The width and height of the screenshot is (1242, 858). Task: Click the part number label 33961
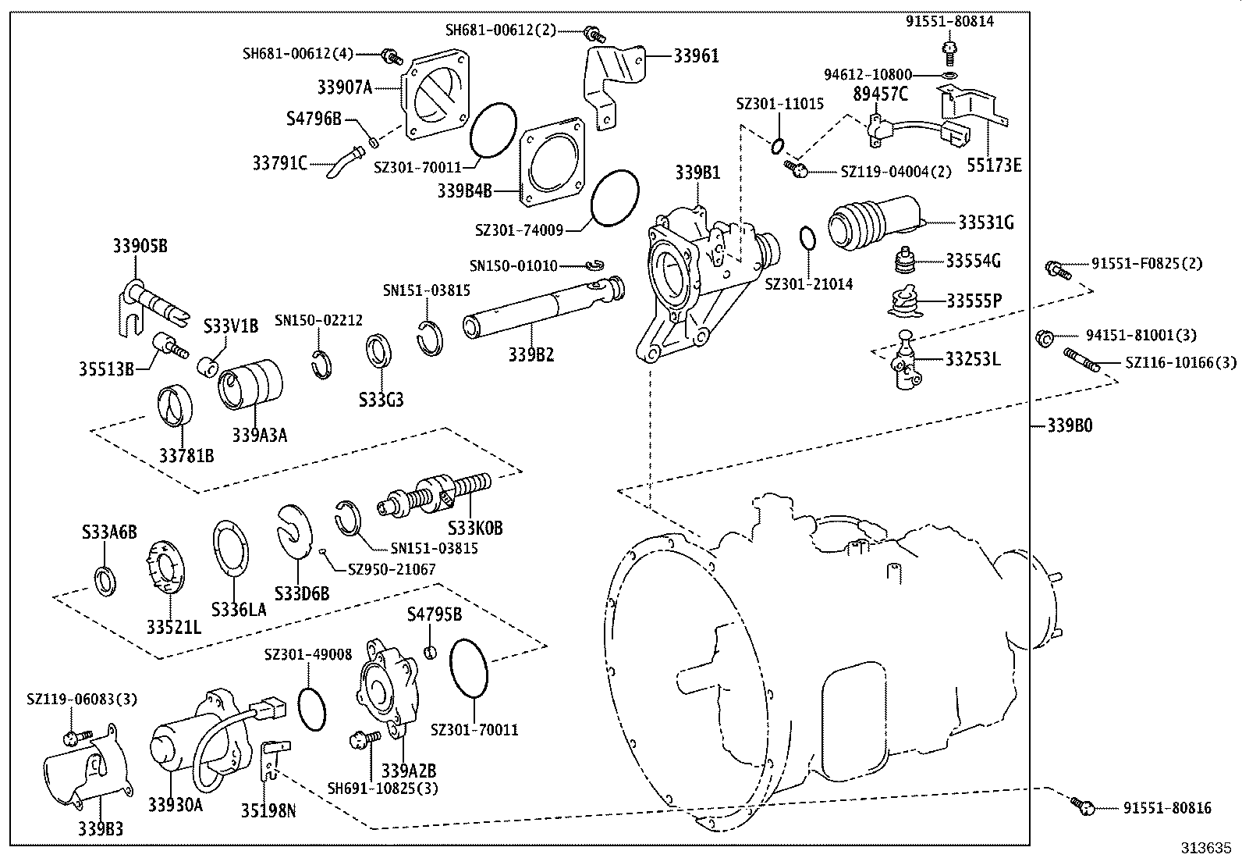[x=696, y=55]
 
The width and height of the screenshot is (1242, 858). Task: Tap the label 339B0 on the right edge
[x=1069, y=426]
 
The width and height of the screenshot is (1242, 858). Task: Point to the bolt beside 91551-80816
[x=1081, y=806]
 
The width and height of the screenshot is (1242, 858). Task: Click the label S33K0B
[x=475, y=529]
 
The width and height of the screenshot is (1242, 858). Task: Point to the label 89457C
[x=881, y=94]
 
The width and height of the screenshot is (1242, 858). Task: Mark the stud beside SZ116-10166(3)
[x=1081, y=360]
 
